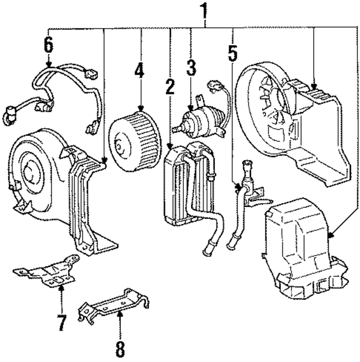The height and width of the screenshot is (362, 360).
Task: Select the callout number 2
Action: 169,87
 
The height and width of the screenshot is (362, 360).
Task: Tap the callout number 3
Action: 191,69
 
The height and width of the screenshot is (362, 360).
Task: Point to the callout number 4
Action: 140,71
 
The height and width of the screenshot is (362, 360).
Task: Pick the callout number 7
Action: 61,323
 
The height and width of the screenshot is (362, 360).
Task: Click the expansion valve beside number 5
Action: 246,175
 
